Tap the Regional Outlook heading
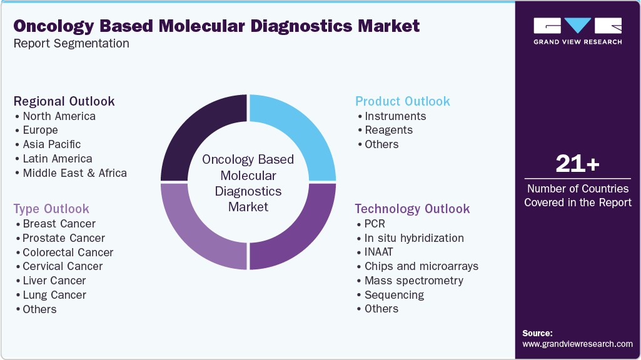[x=64, y=101]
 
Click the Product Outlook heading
[x=402, y=101]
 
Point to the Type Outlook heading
[x=51, y=209]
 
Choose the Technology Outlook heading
[x=412, y=209]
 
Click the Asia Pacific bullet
[x=52, y=144]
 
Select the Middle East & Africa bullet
[x=74, y=173]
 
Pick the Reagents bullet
[x=388, y=130]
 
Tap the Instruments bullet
[x=395, y=116]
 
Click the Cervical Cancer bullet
[x=63, y=266]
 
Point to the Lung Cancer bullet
[x=54, y=295]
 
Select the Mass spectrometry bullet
[x=414, y=281]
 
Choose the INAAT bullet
[x=379, y=252]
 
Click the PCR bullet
[x=375, y=224]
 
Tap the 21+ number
[x=577, y=164]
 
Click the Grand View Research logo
[x=577, y=31]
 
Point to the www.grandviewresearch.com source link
[x=577, y=344]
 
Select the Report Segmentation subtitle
[x=71, y=44]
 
